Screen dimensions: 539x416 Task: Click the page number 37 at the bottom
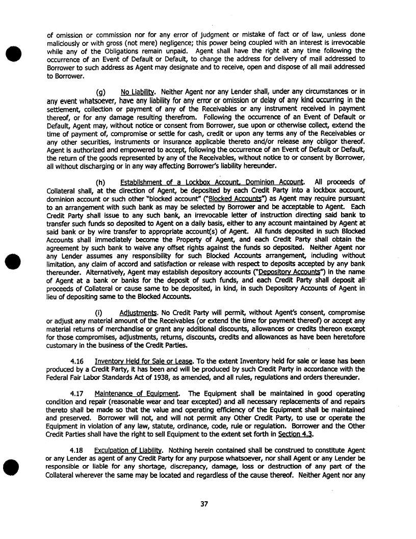tap(204, 504)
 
